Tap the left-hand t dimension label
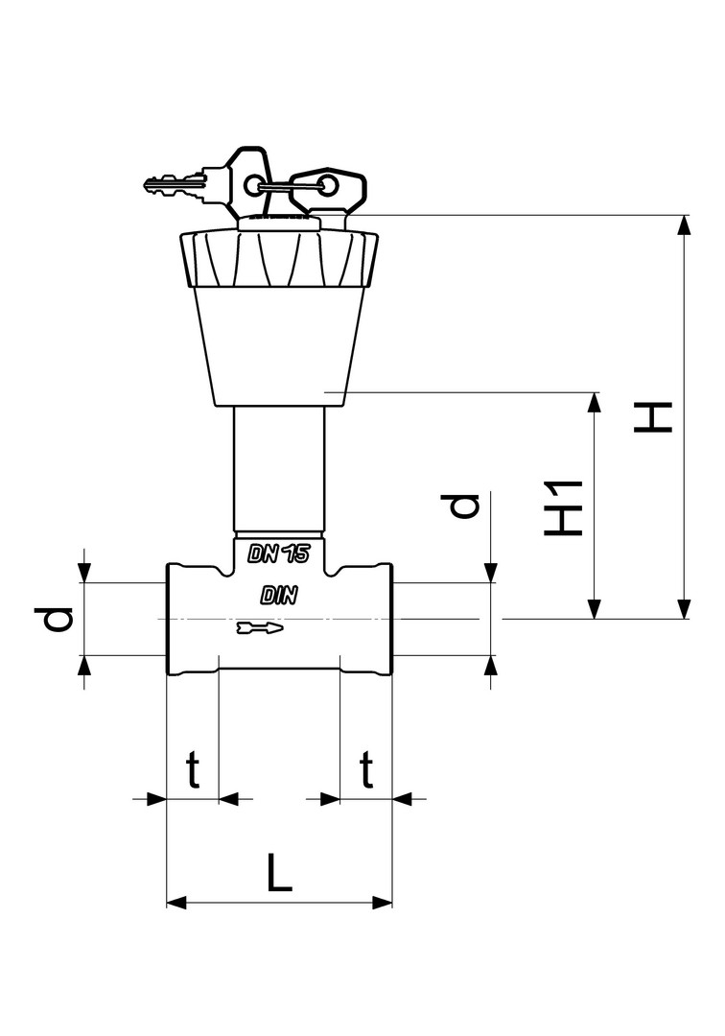click(x=193, y=769)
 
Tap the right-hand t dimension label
click(x=366, y=769)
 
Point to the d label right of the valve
click(x=465, y=506)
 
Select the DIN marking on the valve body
click(x=279, y=596)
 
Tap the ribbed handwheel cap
click(x=278, y=256)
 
